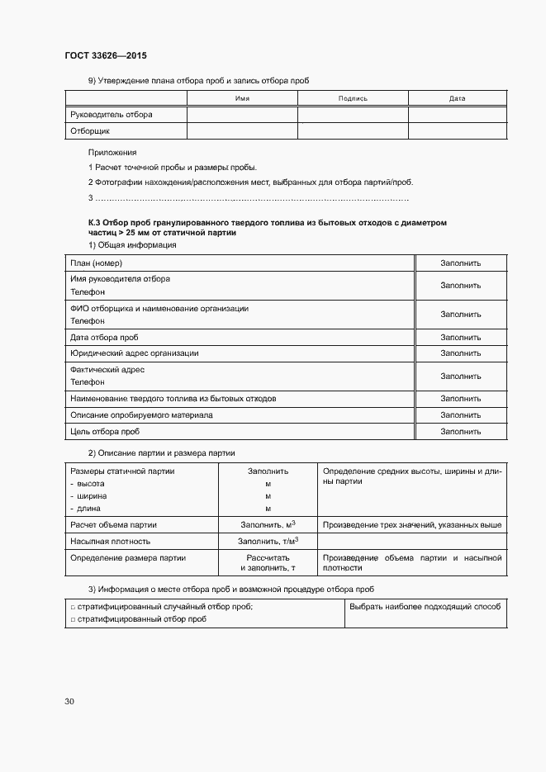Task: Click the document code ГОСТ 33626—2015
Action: [x=107, y=57]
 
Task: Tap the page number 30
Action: [x=69, y=701]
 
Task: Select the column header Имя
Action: [x=242, y=98]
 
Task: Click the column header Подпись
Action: [x=353, y=98]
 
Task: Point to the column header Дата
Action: [x=457, y=98]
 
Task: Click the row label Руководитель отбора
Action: [x=112, y=114]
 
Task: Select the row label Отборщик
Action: [x=91, y=130]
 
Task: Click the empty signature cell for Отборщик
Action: [x=353, y=130]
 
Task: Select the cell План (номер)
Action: [x=97, y=263]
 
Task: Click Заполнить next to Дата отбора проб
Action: [x=460, y=337]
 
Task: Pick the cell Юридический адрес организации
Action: [x=135, y=353]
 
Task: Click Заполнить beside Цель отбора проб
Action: [x=460, y=431]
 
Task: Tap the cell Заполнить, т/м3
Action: [x=268, y=542]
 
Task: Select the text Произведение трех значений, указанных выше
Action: [x=412, y=524]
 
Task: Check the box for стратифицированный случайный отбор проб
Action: [x=73, y=607]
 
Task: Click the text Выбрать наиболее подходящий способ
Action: [x=425, y=606]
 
